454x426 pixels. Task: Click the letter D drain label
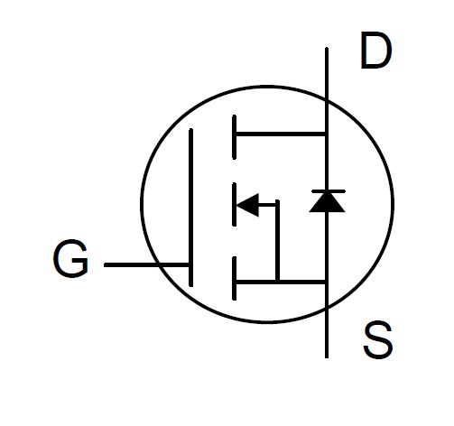click(376, 51)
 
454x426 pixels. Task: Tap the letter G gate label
click(70, 258)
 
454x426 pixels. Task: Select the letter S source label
click(378, 340)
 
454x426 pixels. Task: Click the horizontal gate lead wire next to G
click(146, 264)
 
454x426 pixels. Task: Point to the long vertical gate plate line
click(190, 208)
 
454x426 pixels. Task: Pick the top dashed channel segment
click(235, 137)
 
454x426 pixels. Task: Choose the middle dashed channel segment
click(235, 204)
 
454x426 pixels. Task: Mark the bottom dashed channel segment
click(235, 278)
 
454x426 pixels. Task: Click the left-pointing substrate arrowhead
click(247, 205)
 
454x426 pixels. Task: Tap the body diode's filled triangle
click(327, 202)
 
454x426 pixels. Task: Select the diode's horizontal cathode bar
click(329, 191)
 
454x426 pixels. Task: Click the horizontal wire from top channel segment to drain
click(281, 134)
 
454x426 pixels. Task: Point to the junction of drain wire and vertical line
click(327, 134)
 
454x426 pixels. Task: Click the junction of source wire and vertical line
click(327, 282)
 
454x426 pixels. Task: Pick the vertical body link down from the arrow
click(277, 240)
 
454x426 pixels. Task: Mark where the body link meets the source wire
click(277, 282)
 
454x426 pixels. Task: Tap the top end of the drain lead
click(327, 48)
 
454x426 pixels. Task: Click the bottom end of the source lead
click(327, 357)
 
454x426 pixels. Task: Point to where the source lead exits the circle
click(327, 308)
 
